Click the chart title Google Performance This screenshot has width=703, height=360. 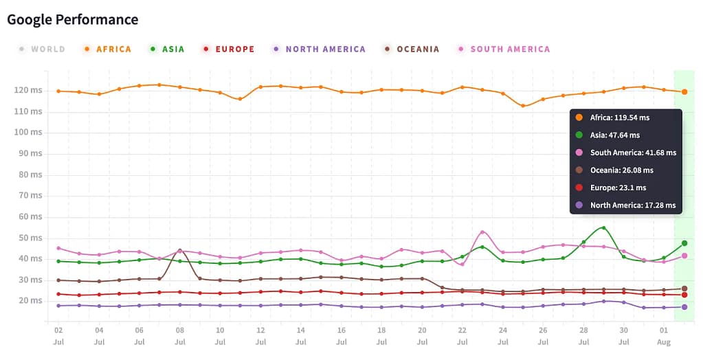(x=72, y=19)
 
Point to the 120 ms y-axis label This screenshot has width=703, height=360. (x=27, y=90)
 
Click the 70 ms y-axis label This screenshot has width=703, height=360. (x=30, y=195)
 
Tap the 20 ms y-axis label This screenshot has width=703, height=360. (x=30, y=300)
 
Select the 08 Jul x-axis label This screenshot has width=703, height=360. (x=179, y=335)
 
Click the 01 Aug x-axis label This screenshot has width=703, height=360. (x=664, y=335)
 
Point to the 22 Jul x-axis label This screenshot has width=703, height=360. (x=462, y=335)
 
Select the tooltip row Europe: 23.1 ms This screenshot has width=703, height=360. (x=618, y=188)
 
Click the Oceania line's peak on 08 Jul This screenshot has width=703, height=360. (x=179, y=250)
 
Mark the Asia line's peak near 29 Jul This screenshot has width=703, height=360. (x=603, y=227)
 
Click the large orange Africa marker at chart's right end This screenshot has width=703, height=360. (x=684, y=92)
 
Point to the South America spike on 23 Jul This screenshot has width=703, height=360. (x=482, y=232)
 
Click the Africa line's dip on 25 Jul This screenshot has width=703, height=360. (x=523, y=106)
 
